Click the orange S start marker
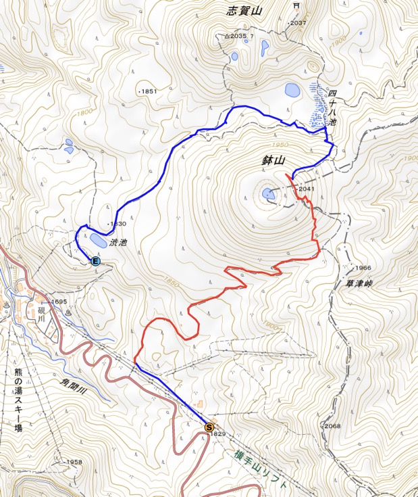209,427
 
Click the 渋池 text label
119,241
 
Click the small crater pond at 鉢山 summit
269,194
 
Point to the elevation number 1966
363,268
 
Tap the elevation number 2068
332,426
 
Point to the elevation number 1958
74,463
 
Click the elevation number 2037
298,23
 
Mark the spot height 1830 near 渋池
117,224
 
